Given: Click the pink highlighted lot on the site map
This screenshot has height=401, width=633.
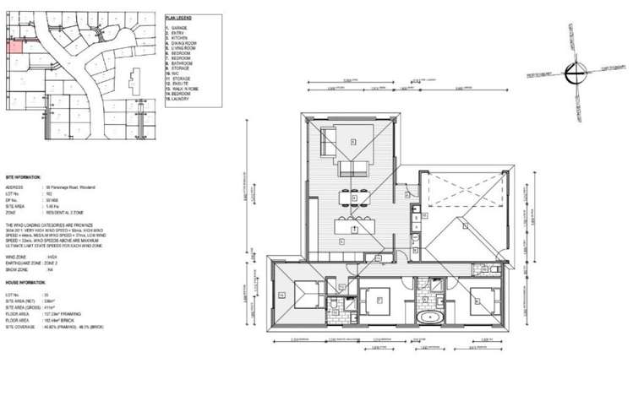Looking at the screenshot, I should (14, 46).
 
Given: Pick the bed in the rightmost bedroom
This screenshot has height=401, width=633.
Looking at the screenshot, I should (481, 298).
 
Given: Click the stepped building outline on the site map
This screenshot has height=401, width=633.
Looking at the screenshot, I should (134, 84).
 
